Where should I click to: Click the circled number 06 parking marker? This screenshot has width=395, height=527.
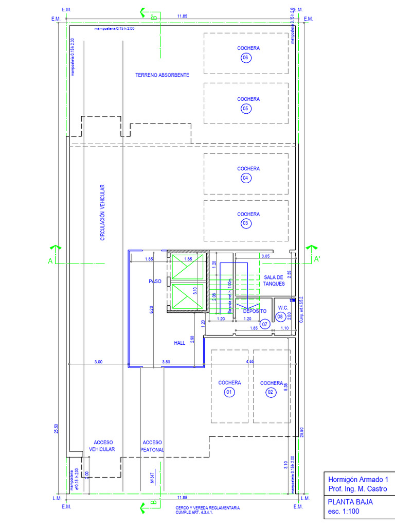coord(245,58)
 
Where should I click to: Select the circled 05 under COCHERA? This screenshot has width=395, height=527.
coord(245,109)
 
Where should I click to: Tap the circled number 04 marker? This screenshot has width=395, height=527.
coord(245,178)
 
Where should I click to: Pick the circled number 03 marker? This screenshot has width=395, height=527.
coord(245,223)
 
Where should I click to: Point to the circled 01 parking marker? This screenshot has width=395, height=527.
coord(229,393)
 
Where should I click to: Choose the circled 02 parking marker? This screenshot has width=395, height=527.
coord(271,393)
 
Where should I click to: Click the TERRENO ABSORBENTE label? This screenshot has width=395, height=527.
coord(162,75)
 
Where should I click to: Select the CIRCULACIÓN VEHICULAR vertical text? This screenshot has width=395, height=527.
coord(102,213)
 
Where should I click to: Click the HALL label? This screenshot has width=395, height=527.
coord(179,343)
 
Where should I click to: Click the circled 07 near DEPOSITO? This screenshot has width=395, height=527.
coord(264,324)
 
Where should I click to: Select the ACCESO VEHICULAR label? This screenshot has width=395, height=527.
coord(103,446)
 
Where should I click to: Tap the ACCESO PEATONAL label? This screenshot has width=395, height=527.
coord(153,446)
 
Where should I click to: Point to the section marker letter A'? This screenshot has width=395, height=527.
coord(317,260)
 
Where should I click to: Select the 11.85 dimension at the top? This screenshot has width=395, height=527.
coord(182,16)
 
